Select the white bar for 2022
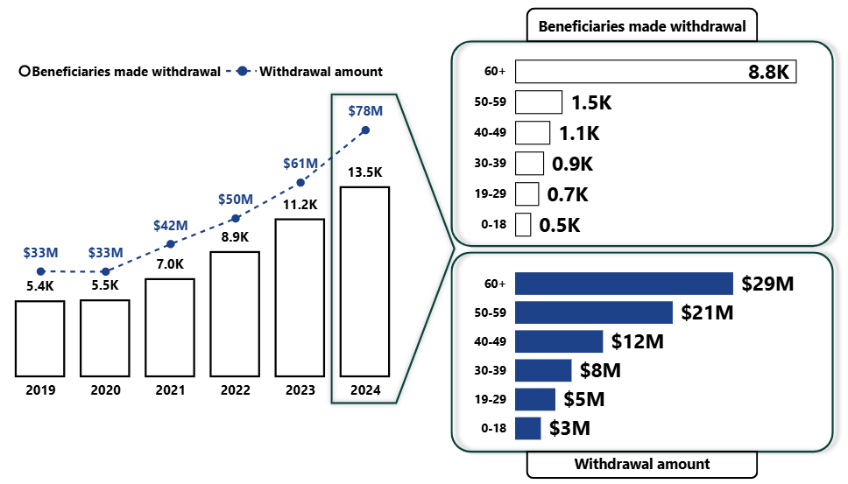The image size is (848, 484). click(x=235, y=314)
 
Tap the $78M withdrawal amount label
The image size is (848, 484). click(x=365, y=111)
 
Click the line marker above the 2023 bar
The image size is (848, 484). click(x=300, y=183)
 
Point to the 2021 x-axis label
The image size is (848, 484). click(x=170, y=390)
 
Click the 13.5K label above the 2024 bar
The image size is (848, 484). click(x=365, y=172)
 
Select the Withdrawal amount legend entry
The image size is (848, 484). click(x=321, y=72)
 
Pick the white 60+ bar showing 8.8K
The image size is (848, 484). click(x=657, y=72)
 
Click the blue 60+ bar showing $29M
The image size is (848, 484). click(x=624, y=284)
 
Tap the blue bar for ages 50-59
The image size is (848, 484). click(x=594, y=312)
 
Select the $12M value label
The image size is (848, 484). click(x=638, y=341)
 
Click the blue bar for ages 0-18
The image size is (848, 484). click(x=528, y=428)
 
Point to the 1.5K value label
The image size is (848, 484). click(x=591, y=102)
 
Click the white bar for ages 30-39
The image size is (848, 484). click(x=530, y=164)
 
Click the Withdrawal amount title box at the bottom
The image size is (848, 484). click(x=642, y=464)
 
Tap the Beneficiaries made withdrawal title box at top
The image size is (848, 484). click(x=642, y=26)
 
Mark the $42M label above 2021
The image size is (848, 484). click(x=170, y=225)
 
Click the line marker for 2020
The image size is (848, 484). click(x=105, y=272)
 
